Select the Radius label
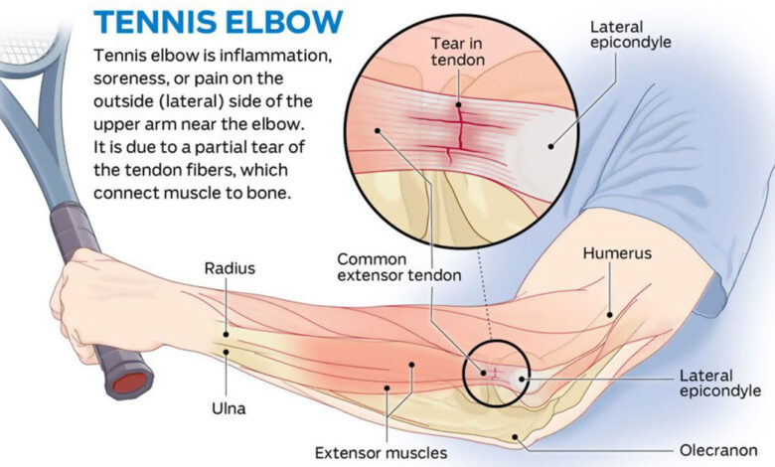pyautogui.click(x=230, y=268)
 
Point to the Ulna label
pyautogui.click(x=229, y=407)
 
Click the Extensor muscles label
pyautogui.click(x=381, y=452)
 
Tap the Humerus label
pyautogui.click(x=617, y=253)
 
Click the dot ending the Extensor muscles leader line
pyautogui.click(x=411, y=365)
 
